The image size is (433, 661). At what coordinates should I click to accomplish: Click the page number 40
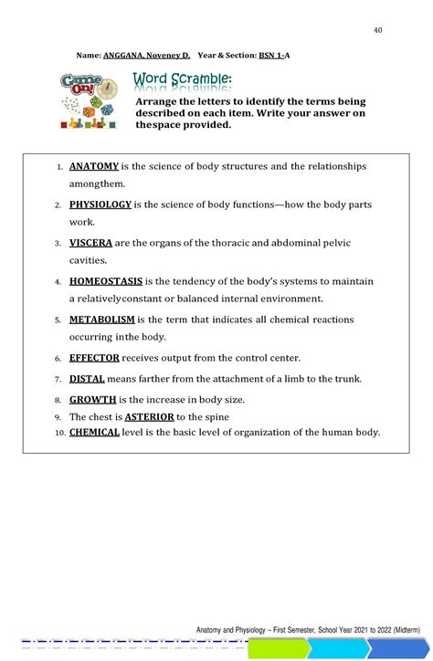[x=377, y=31]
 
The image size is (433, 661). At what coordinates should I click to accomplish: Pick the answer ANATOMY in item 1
[x=94, y=167]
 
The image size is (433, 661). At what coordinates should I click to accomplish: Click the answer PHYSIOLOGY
[x=100, y=205]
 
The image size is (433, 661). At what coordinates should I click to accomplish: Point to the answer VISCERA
[x=90, y=244]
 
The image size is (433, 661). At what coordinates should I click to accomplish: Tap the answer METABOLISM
[x=101, y=320]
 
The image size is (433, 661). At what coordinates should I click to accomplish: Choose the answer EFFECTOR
[x=94, y=358]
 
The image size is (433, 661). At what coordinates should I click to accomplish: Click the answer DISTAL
[x=87, y=379]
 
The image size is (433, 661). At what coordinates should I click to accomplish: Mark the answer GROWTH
[x=92, y=400]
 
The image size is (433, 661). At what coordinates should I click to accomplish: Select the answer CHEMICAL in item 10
[x=94, y=432]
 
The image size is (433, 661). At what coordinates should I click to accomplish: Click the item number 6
[x=58, y=359]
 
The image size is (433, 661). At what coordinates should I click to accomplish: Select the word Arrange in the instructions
[x=158, y=102]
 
